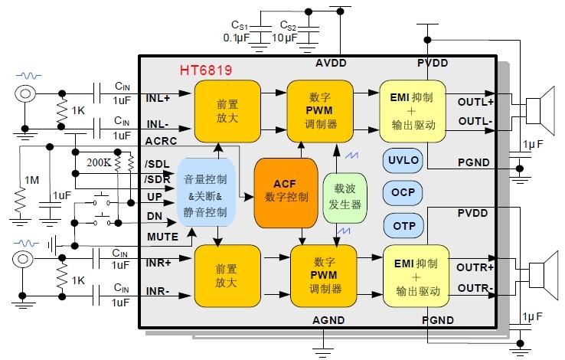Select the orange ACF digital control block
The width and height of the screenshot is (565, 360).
(285, 191)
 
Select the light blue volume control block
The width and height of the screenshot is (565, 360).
(204, 195)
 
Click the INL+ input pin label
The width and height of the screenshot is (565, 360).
(158, 98)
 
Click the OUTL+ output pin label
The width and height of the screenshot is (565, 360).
(476, 102)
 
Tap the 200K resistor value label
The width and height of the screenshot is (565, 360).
(99, 162)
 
